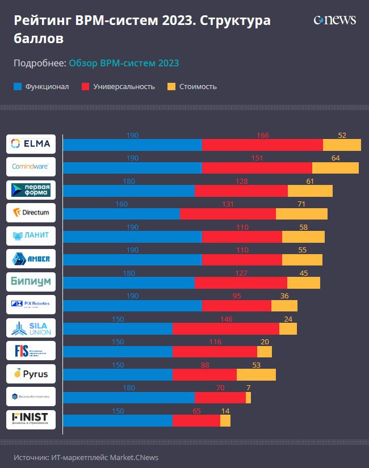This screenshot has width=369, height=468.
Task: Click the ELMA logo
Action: tap(31, 144)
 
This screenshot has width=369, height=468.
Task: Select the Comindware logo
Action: tap(31, 167)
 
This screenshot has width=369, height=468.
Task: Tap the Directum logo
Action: tap(31, 213)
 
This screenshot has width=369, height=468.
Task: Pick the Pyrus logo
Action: tap(31, 374)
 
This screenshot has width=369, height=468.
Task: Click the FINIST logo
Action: tap(31, 419)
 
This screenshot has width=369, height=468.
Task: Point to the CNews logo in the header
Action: tap(335, 20)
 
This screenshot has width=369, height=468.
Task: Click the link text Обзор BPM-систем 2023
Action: tap(124, 63)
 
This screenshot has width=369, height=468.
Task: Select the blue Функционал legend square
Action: tap(18, 87)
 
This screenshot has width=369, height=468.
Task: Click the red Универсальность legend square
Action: tap(86, 87)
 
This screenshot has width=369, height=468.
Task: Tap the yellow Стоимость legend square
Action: tap(171, 87)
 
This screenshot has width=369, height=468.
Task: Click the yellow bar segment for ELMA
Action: tap(342, 145)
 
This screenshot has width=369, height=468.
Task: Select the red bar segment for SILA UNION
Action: tap(225, 329)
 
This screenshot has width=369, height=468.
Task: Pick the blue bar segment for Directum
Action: tap(121, 214)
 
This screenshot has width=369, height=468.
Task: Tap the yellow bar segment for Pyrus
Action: tap(256, 374)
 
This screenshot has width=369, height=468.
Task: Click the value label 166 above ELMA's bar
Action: tap(262, 136)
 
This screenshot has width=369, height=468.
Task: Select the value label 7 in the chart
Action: tap(248, 388)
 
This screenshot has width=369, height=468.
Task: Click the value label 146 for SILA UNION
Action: tap(226, 319)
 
